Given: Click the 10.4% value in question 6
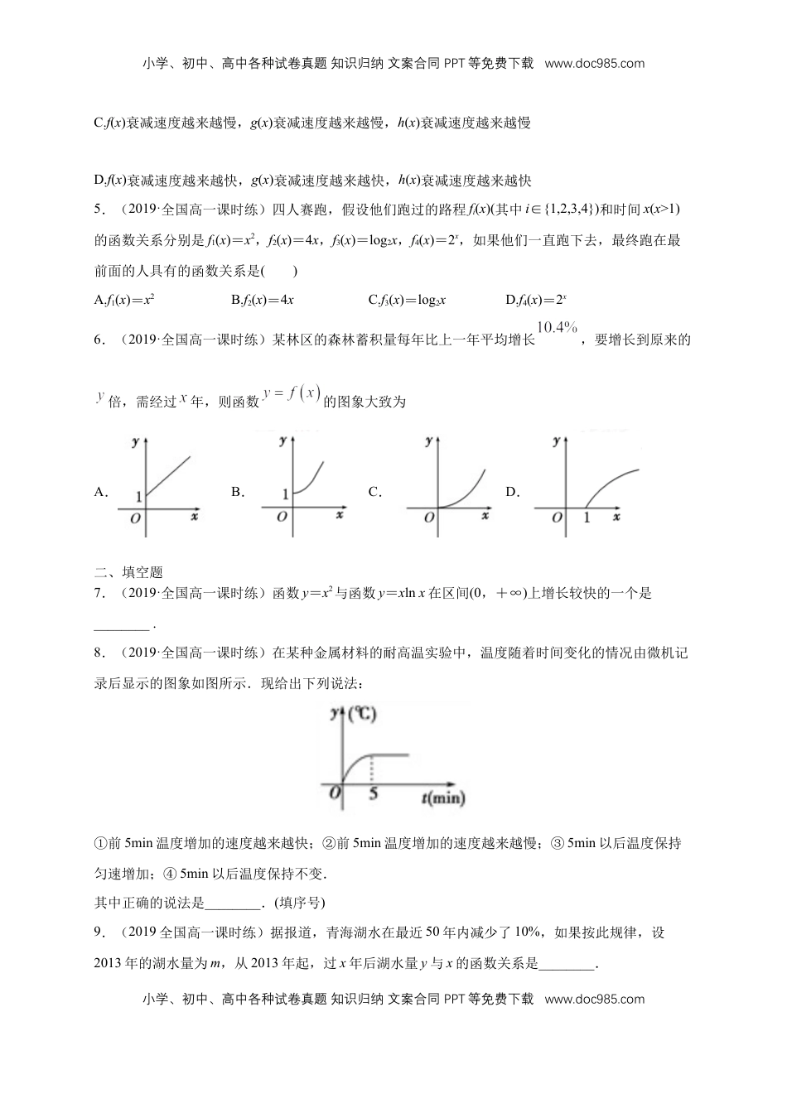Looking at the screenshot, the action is [557, 328].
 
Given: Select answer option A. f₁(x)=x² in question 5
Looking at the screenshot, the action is [125, 300].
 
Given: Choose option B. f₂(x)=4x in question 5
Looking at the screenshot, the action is [263, 300].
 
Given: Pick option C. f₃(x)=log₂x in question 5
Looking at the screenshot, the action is [407, 300].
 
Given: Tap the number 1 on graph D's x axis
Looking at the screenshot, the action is [587, 518].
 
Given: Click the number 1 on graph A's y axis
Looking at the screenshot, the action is [138, 495].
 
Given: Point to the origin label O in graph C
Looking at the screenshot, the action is [428, 518].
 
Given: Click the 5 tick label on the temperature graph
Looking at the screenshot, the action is [373, 794].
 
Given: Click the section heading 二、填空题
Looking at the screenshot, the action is [129, 571].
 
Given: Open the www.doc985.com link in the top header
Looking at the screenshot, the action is [594, 63].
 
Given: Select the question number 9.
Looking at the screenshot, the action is [99, 932].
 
